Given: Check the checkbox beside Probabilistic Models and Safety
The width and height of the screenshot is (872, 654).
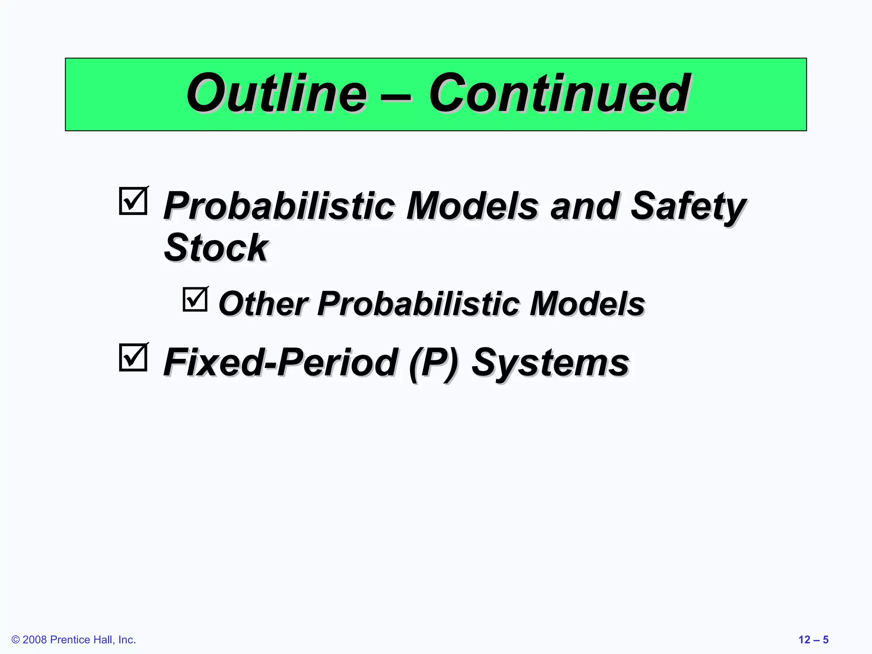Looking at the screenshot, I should [x=133, y=201].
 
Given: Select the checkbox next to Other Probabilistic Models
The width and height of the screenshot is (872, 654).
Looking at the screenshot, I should [x=195, y=299].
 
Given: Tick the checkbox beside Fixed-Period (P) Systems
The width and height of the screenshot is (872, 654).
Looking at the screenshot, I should [x=133, y=357].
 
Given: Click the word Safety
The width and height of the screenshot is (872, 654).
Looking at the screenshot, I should [x=687, y=207].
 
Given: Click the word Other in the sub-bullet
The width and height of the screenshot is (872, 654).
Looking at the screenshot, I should [x=263, y=304].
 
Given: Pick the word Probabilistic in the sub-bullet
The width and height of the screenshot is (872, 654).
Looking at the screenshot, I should [x=418, y=304].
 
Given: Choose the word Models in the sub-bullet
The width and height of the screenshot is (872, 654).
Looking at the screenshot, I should [x=587, y=304].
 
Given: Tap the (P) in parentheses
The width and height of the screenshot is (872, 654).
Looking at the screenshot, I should [x=433, y=363].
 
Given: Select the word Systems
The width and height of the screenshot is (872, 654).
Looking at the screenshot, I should [x=550, y=363].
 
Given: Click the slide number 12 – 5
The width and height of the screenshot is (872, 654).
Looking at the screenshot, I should [x=813, y=640].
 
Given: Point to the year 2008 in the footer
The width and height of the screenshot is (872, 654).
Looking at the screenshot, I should [x=34, y=640].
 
